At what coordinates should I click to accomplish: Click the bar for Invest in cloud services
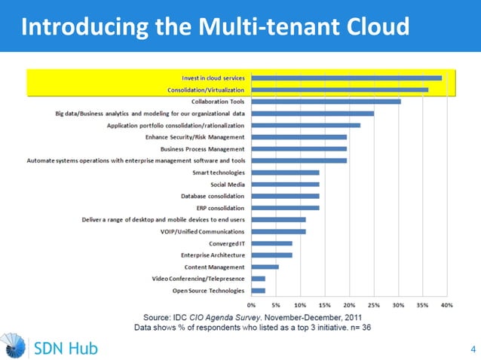pos(347,78)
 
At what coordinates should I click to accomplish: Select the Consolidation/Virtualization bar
pos(340,90)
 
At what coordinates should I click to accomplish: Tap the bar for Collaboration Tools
pos(326,101)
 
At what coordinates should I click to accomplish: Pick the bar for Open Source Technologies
pos(259,290)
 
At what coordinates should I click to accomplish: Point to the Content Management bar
pos(265,267)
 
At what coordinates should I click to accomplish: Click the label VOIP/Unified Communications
pos(204,231)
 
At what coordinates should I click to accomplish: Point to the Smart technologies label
pos(219,172)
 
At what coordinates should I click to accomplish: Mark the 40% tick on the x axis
pos(446,305)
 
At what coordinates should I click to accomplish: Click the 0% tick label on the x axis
pos(252,305)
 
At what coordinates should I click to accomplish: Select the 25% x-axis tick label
pos(374,305)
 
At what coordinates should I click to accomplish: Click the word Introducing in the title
pos(75,27)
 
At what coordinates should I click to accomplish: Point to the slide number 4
pos(473,349)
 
